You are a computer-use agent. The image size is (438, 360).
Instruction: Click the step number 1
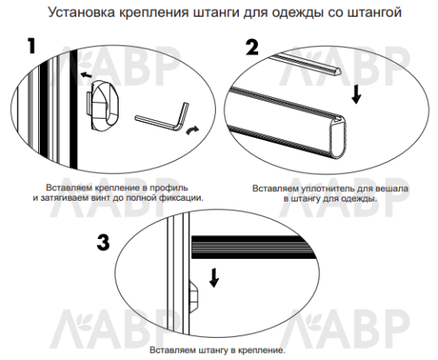coord(32,46)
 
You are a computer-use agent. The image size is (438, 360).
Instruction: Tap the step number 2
coord(252,47)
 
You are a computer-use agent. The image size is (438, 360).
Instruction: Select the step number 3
coord(104,242)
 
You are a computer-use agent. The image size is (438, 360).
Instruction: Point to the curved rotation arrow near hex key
coord(193,130)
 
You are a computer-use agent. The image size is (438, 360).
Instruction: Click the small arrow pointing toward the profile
coord(86,75)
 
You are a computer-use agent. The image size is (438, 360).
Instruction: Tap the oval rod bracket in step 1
coord(103,105)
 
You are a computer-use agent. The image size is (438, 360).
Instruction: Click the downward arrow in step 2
coord(356,95)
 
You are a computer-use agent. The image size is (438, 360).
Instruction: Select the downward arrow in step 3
coord(214,278)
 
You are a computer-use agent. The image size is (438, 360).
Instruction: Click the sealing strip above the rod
coord(307,65)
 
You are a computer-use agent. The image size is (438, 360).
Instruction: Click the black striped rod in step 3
coord(252,247)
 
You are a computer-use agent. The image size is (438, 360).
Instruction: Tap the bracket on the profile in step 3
coord(194,296)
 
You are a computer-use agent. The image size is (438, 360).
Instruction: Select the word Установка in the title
coord(81,12)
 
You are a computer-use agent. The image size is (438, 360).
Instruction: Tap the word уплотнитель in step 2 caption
coord(327,189)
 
